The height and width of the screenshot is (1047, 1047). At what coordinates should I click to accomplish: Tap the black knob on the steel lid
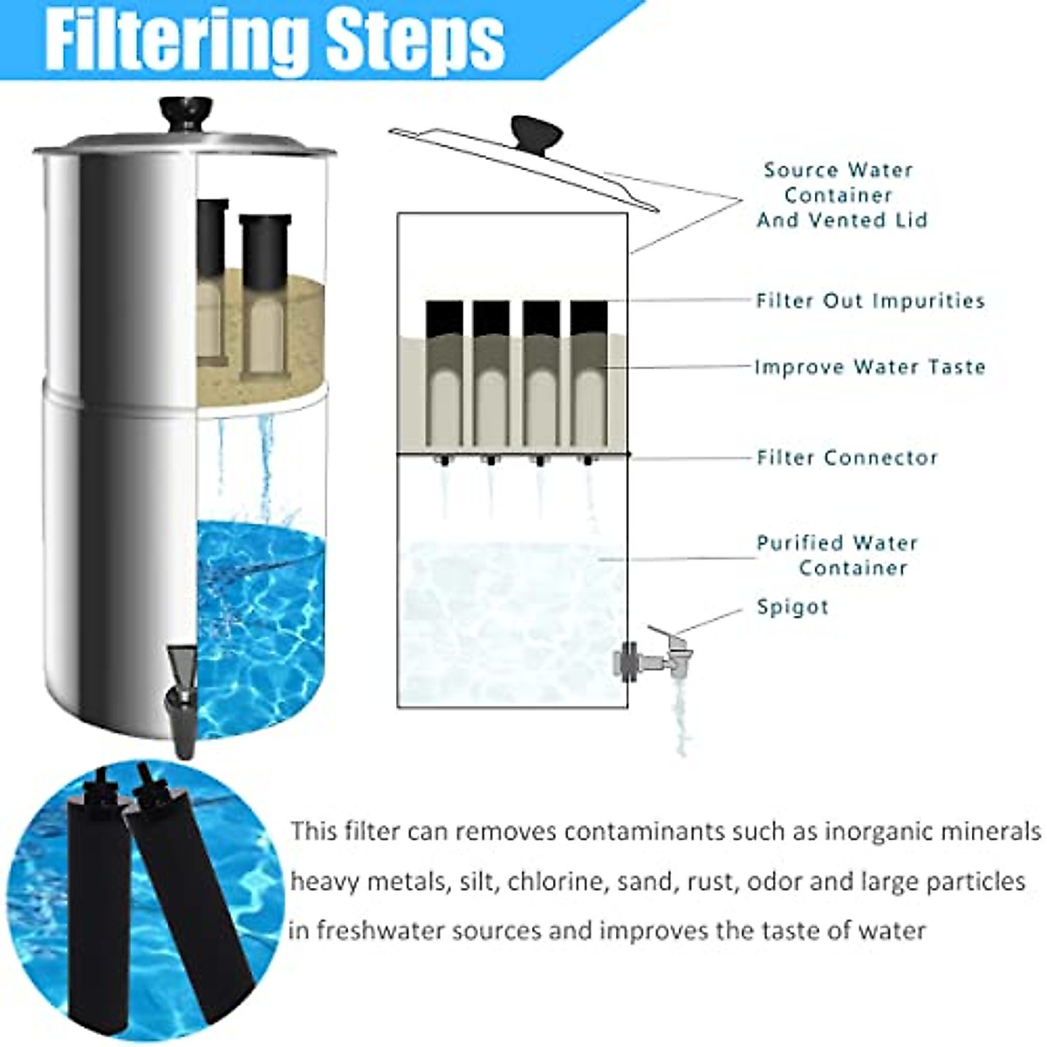pyautogui.click(x=186, y=112)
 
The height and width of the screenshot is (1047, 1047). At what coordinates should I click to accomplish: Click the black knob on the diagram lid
pyautogui.click(x=537, y=133)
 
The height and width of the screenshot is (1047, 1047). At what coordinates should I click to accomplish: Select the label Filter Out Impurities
pyautogui.click(x=870, y=301)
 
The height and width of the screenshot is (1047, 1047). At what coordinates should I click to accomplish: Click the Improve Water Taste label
pyautogui.click(x=870, y=367)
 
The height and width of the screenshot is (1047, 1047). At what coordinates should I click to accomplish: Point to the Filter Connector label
pyautogui.click(x=847, y=458)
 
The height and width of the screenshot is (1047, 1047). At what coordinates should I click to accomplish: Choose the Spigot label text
pyautogui.click(x=792, y=607)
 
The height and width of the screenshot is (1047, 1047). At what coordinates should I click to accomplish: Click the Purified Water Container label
pyautogui.click(x=838, y=556)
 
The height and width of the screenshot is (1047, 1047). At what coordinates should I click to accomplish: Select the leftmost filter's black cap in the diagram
pyautogui.click(x=443, y=319)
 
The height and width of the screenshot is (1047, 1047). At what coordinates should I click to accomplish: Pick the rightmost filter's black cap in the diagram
pyautogui.click(x=589, y=319)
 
